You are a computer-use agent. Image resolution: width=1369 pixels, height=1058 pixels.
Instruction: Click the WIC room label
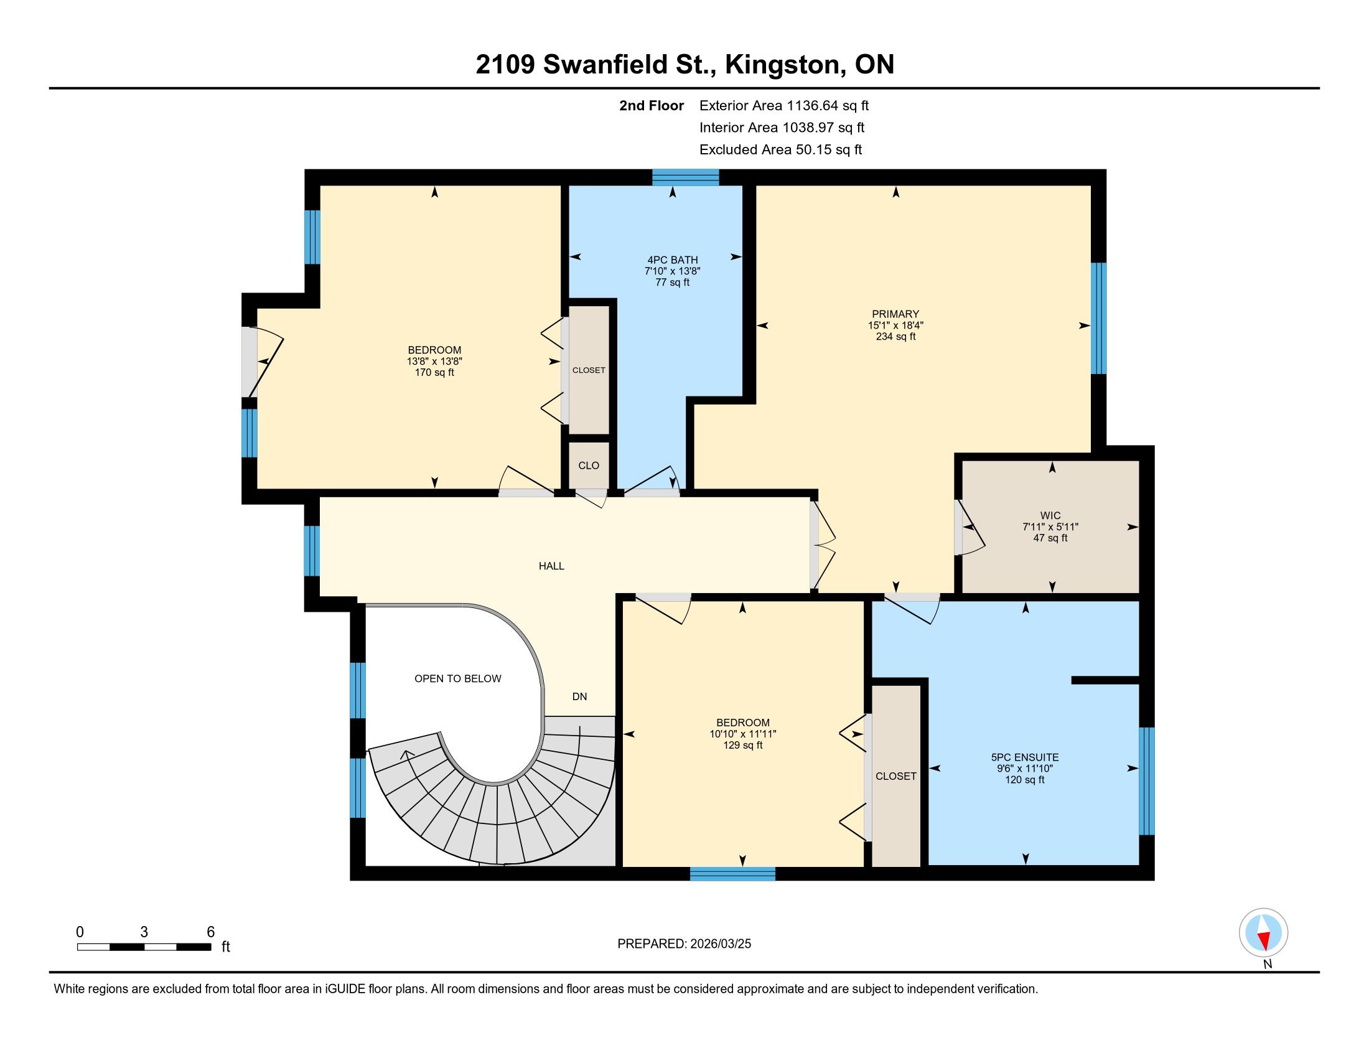[1050, 516]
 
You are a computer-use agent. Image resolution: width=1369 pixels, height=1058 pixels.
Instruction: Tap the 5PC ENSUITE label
[1025, 757]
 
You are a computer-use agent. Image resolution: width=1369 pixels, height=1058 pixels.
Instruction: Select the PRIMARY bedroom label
[895, 314]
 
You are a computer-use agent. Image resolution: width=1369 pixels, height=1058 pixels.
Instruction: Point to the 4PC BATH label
[673, 260]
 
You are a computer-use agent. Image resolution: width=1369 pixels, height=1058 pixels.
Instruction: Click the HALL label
[551, 566]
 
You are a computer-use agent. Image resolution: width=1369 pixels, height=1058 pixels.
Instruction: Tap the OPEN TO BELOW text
[457, 678]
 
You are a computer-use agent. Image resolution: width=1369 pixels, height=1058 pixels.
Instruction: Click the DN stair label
[579, 696]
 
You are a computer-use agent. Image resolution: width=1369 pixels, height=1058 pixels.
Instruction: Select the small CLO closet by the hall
[589, 465]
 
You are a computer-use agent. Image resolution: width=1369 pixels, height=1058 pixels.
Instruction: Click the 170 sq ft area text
[434, 372]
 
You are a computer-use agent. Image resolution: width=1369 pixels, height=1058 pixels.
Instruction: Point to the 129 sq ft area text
[743, 745]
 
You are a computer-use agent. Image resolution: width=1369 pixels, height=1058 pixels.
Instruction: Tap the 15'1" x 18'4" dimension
[895, 325]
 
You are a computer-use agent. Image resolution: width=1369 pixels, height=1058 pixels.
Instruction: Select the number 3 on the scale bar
[144, 932]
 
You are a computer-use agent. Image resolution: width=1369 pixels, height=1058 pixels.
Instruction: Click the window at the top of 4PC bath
[685, 177]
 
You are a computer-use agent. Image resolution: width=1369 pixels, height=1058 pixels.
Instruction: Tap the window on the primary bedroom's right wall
[1098, 318]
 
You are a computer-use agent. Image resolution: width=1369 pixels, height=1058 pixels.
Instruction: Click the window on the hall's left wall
[312, 550]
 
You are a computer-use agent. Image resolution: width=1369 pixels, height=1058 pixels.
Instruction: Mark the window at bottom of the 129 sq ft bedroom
[733, 873]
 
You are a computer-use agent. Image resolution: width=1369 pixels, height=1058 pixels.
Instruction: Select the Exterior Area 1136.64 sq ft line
[784, 106]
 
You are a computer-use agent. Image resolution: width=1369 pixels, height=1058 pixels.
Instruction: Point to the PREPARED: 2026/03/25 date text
[684, 944]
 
